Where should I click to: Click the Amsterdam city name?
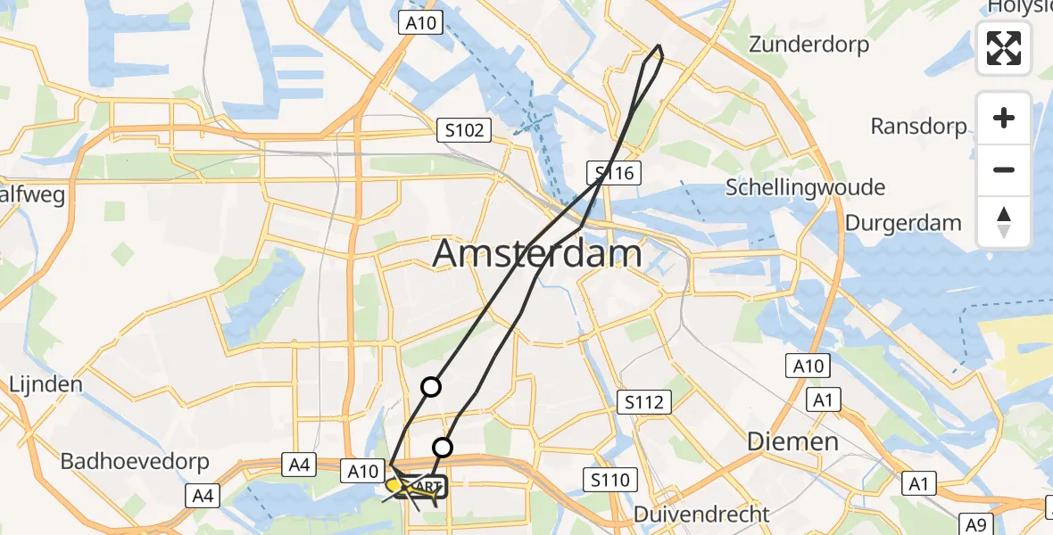click(x=537, y=254)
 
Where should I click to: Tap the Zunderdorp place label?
click(x=808, y=45)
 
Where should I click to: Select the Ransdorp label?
click(x=918, y=127)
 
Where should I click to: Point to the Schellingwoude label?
click(x=805, y=187)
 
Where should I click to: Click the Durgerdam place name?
click(x=903, y=223)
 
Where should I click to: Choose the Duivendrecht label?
click(x=701, y=514)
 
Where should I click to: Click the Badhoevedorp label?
click(x=135, y=462)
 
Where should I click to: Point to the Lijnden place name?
click(x=46, y=385)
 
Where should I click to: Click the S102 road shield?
click(x=465, y=131)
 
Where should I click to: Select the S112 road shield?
click(x=644, y=403)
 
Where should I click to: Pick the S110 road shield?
click(x=609, y=481)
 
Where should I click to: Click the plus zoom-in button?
click(x=1004, y=118)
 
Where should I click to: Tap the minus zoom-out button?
click(x=1004, y=169)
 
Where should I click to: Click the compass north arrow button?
click(x=1004, y=222)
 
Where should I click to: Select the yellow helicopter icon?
click(x=399, y=487)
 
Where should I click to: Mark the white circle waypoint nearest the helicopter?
click(x=443, y=448)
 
